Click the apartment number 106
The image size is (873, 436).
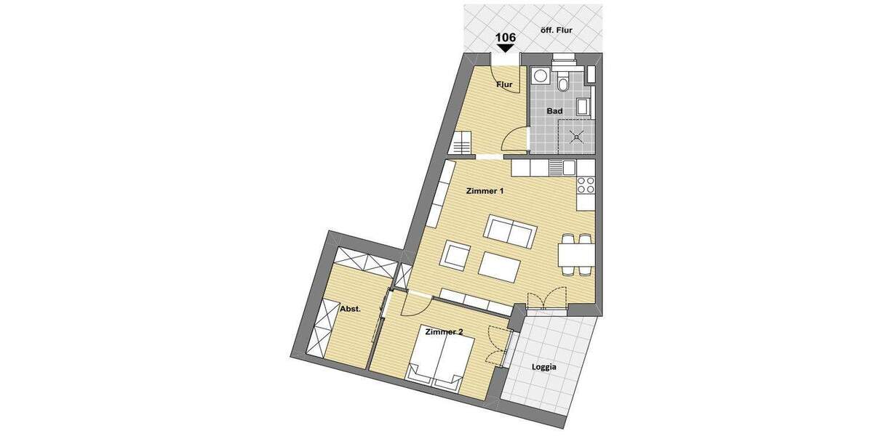pos(507,37)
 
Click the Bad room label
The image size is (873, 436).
pos(555,111)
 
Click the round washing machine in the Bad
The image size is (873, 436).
pos(541,76)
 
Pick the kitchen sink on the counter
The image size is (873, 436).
pos(556,168)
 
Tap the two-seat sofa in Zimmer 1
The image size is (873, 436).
pos(510,230)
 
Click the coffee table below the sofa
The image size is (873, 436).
pos(500,265)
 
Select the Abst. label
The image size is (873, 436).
pos(351,310)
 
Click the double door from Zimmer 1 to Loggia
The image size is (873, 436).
pos(546,298)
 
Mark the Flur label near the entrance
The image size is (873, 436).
pos(504,85)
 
